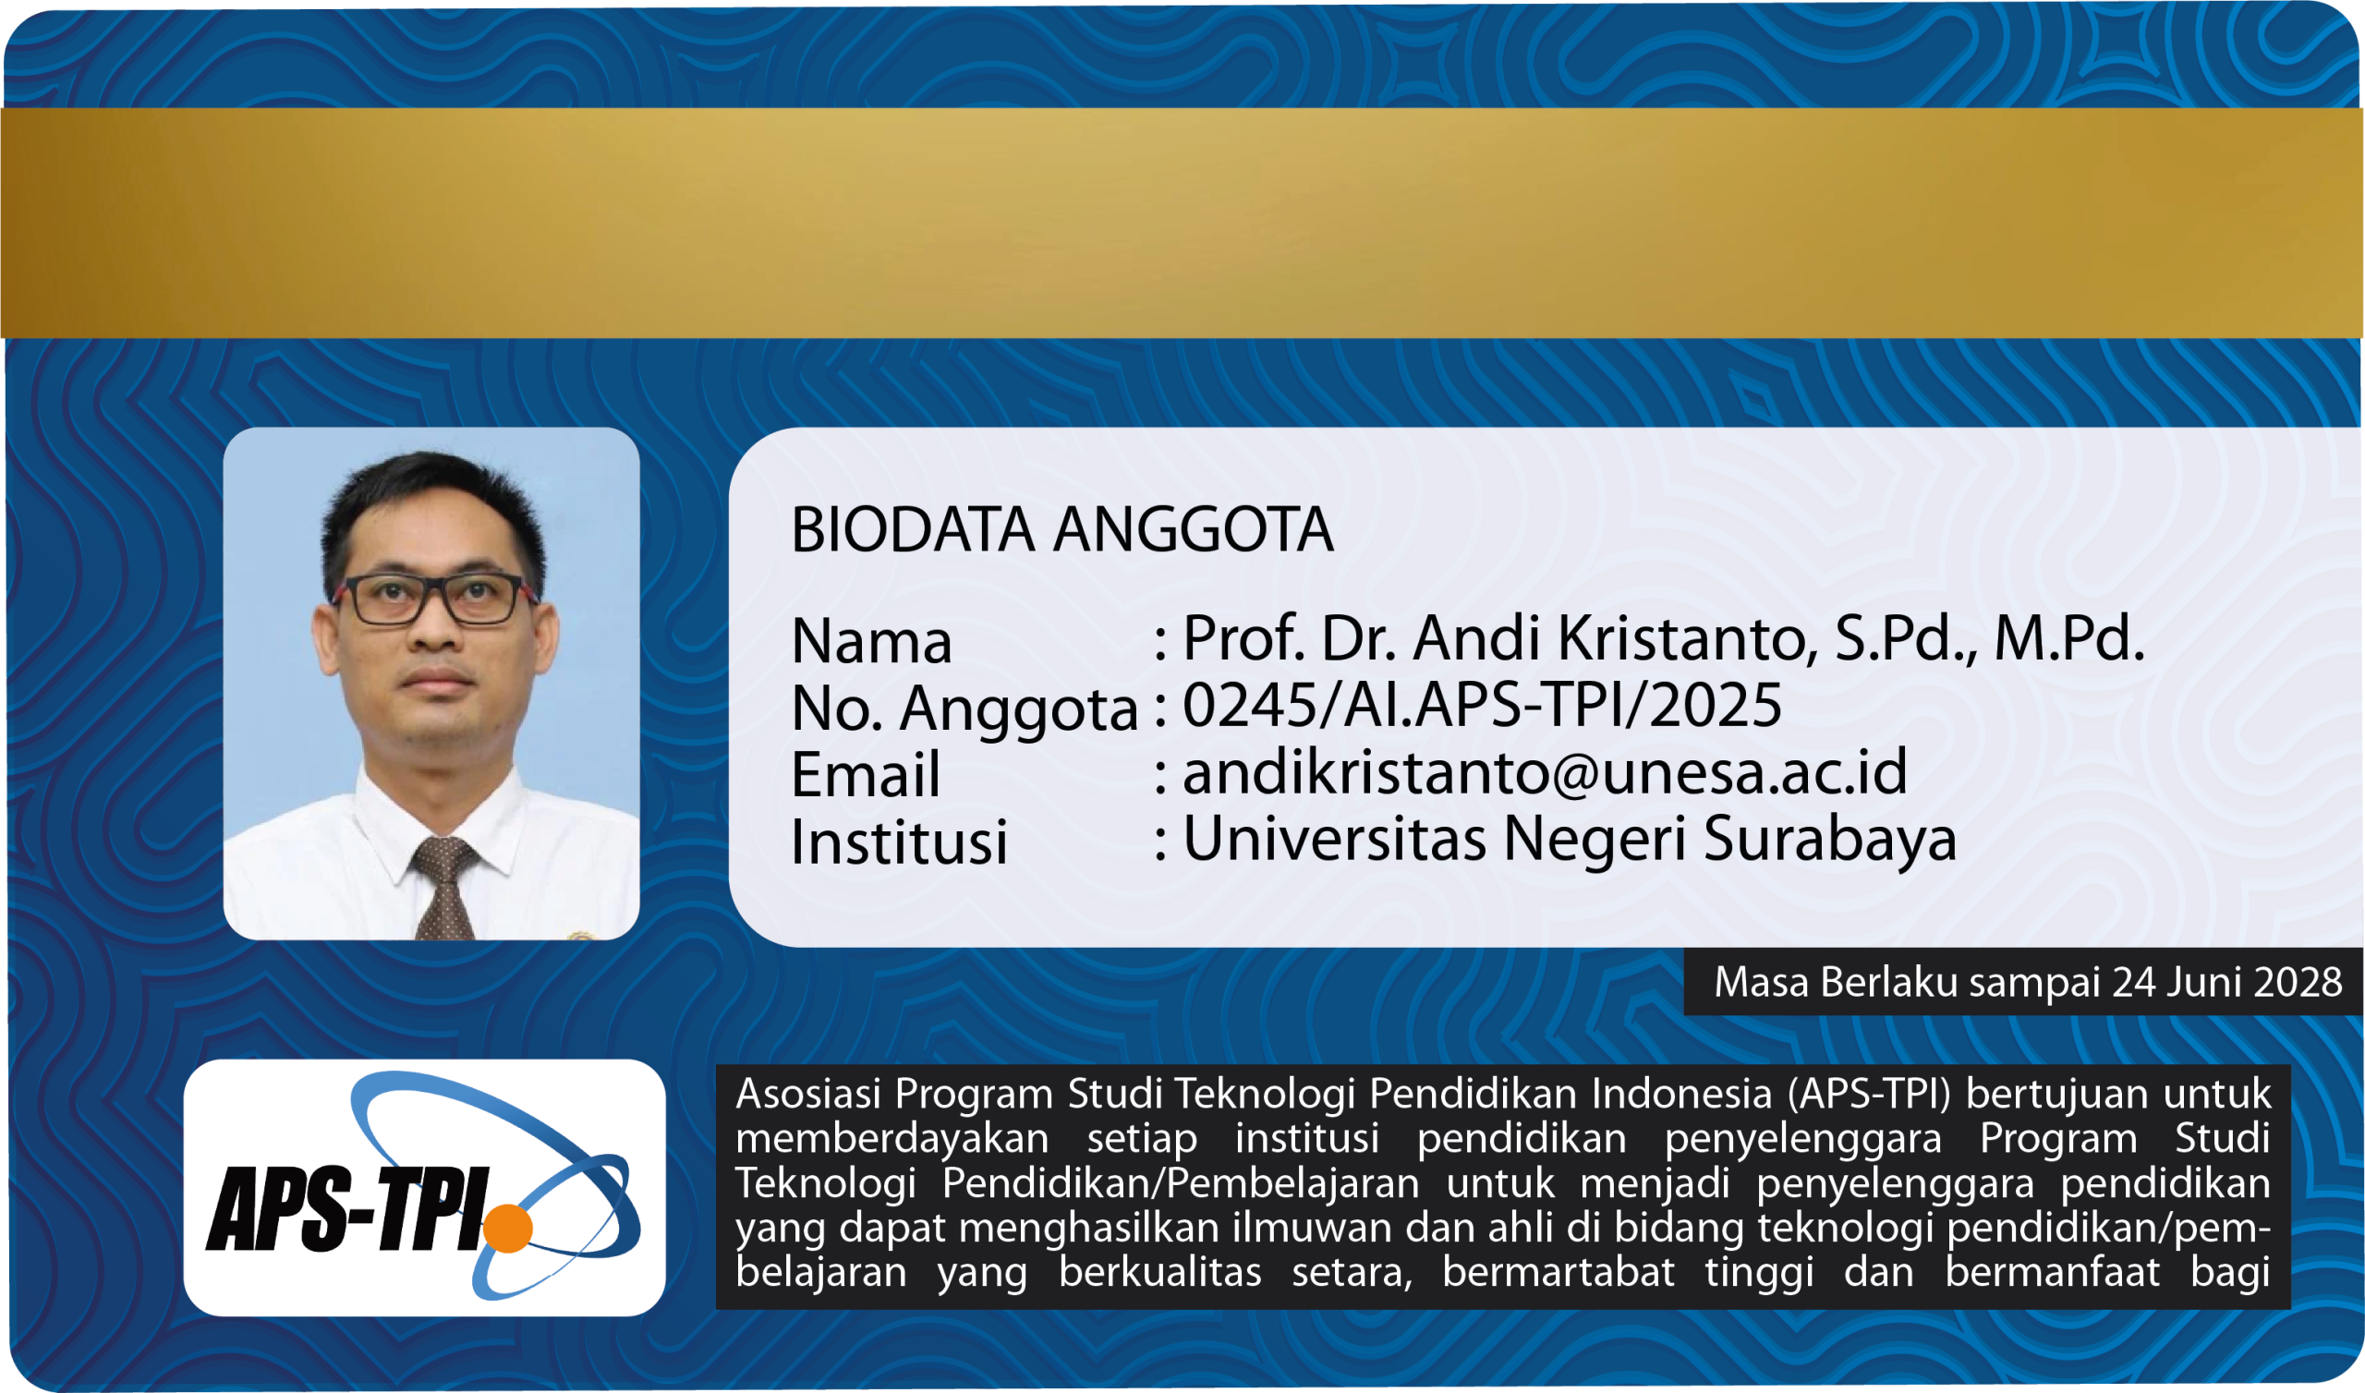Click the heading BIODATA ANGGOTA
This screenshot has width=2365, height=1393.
tap(1061, 530)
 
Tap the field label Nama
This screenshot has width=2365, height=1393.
tap(871, 642)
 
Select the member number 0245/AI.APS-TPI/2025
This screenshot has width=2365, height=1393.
tap(1482, 705)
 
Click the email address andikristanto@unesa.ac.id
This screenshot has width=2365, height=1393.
tap(1545, 772)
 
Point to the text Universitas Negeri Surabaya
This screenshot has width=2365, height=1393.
tap(1570, 838)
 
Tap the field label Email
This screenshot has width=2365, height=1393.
tap(866, 775)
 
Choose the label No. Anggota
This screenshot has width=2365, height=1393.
tap(964, 709)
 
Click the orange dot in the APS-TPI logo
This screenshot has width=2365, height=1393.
tap(508, 1228)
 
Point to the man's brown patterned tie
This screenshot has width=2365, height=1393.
tap(444, 888)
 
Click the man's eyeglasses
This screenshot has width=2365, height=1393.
tap(434, 599)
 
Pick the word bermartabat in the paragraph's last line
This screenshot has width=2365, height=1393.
tap(1558, 1272)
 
